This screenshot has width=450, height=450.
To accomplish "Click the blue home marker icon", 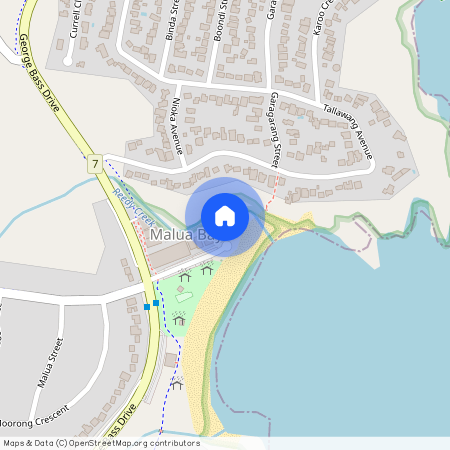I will [x=225, y=215].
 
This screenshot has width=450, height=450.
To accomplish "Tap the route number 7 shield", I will [x=95, y=162].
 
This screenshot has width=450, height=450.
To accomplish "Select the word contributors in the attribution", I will [x=176, y=443].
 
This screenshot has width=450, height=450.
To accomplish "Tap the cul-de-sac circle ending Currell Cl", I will [x=67, y=59].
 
